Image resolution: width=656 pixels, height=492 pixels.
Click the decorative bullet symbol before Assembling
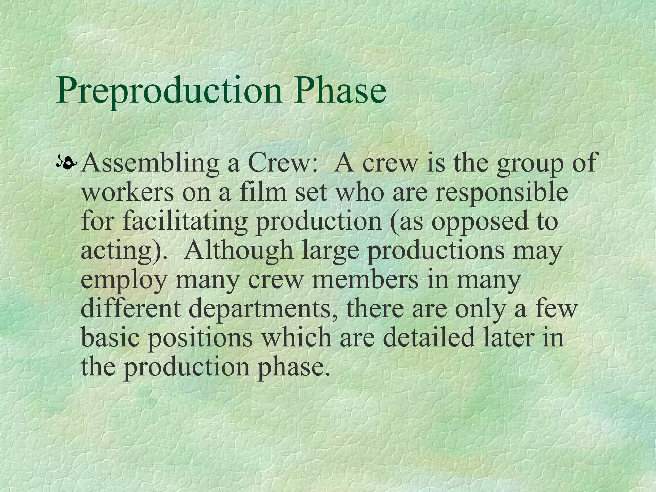pyautogui.click(x=67, y=164)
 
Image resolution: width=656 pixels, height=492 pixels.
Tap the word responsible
pyautogui.click(x=501, y=194)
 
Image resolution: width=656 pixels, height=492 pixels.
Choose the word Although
pyautogui.click(x=239, y=250)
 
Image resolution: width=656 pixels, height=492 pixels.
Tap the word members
pyautogui.click(x=365, y=279)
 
